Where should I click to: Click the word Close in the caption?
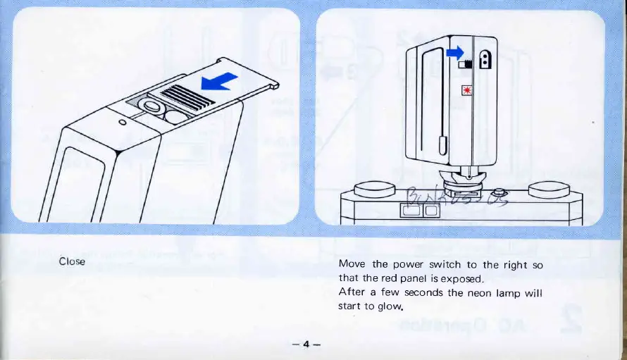pyautogui.click(x=72, y=261)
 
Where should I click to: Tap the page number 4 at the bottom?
pyautogui.click(x=306, y=344)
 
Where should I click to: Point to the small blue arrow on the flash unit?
pyautogui.click(x=457, y=51)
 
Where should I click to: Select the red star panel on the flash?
pyautogui.click(x=465, y=89)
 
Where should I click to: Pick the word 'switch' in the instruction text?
pyautogui.click(x=448, y=264)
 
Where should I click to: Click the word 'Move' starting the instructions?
pyautogui.click(x=352, y=264)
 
